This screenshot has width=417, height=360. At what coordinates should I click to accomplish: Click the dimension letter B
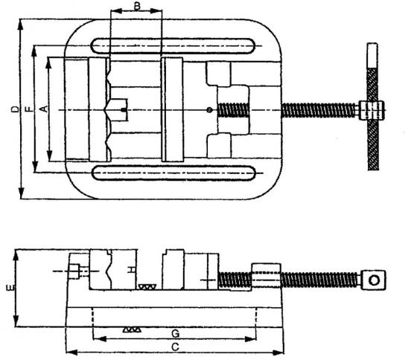(137, 6)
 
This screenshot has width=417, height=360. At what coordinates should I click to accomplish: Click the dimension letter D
(16, 109)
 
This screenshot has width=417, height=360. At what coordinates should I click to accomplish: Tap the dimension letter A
(44, 109)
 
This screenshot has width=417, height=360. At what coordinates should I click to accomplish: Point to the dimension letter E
(10, 288)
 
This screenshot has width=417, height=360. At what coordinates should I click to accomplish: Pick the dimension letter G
(175, 334)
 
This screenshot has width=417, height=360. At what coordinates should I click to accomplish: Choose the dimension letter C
(175, 347)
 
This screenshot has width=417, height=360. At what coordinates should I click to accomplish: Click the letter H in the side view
(131, 270)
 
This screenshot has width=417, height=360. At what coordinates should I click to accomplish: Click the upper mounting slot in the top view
(173, 46)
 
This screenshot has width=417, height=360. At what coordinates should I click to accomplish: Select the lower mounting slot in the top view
(174, 173)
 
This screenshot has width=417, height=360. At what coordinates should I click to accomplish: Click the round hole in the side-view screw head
(374, 280)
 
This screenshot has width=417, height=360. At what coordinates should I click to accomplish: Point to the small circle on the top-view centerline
(209, 109)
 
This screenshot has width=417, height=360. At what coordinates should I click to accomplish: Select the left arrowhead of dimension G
(99, 339)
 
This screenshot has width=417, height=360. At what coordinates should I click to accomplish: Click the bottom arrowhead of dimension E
(16, 321)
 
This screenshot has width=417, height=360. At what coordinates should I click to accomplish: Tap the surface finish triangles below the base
(132, 330)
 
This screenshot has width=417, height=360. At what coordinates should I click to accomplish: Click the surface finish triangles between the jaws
(147, 287)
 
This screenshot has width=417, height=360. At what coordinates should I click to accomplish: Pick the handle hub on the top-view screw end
(372, 110)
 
